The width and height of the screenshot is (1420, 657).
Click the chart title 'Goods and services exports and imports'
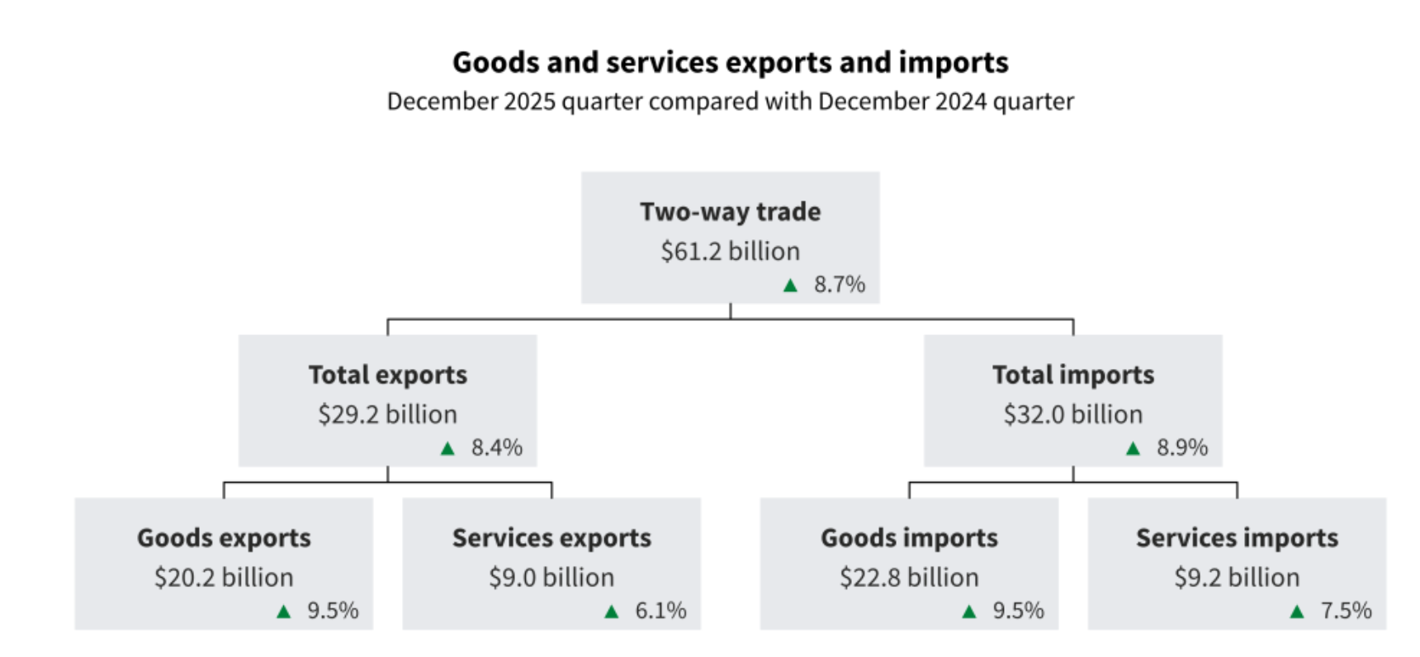click(730, 63)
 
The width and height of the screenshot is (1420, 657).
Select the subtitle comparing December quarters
click(730, 102)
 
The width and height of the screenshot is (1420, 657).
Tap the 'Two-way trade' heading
click(730, 212)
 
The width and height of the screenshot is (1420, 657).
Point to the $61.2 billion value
click(730, 251)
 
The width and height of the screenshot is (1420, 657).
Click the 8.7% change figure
click(839, 285)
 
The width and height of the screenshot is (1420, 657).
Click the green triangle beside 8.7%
click(790, 286)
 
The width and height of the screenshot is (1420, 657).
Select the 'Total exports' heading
click(387, 376)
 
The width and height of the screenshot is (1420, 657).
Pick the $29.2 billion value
click(387, 414)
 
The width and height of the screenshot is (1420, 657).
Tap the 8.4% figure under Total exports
click(496, 448)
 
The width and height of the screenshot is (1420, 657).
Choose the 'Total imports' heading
click(1072, 376)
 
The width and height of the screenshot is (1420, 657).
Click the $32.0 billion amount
click(1072, 414)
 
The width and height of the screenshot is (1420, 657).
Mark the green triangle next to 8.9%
click(1133, 449)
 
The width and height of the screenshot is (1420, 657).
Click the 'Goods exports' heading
click(224, 538)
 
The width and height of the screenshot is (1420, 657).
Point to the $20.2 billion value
click(224, 578)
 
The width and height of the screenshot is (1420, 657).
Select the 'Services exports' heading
click(551, 538)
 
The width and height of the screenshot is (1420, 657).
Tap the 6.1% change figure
click(660, 612)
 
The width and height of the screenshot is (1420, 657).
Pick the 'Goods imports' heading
click(909, 538)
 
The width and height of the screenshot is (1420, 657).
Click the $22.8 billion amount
click(909, 578)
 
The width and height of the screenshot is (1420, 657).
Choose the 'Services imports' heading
click(1237, 538)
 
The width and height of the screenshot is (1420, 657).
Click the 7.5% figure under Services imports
click(1346, 612)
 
